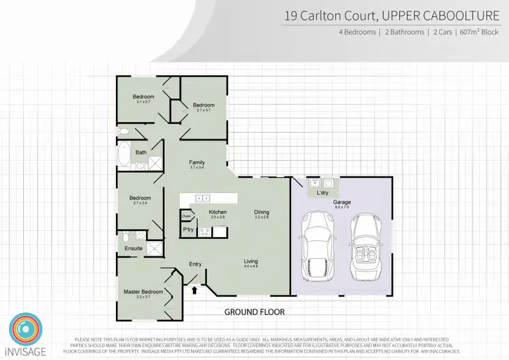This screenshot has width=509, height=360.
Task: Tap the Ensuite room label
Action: [134, 249]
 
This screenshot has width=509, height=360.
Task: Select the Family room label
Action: [197, 162]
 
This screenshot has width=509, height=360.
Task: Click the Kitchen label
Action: [218, 213]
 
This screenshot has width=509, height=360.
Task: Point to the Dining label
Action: [261, 212]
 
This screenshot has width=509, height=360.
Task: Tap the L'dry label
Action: [322, 193]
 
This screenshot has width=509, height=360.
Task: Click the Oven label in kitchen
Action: [187, 217]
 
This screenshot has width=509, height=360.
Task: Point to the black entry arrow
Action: [195, 291]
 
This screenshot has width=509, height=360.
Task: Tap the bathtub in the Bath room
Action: [124, 156]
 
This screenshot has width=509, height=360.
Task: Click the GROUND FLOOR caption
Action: [255, 312]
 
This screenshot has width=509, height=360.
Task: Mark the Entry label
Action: [195, 264]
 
